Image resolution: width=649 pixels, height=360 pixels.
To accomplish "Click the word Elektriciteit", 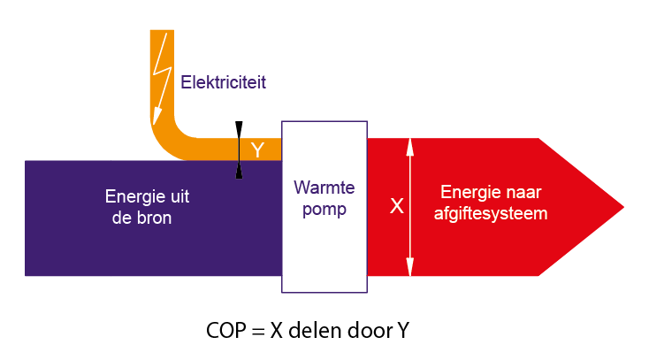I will (x=223, y=82).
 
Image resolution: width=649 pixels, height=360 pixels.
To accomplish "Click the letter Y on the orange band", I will (x=257, y=149).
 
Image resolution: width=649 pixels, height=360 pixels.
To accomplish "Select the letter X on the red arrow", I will (x=397, y=206).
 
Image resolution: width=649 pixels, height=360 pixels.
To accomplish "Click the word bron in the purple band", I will (x=151, y=218).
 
